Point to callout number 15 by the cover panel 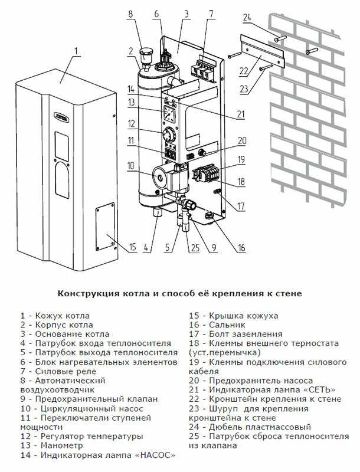[x=132, y=246]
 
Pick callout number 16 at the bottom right [x=241, y=248]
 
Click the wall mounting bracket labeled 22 [x=261, y=55]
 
